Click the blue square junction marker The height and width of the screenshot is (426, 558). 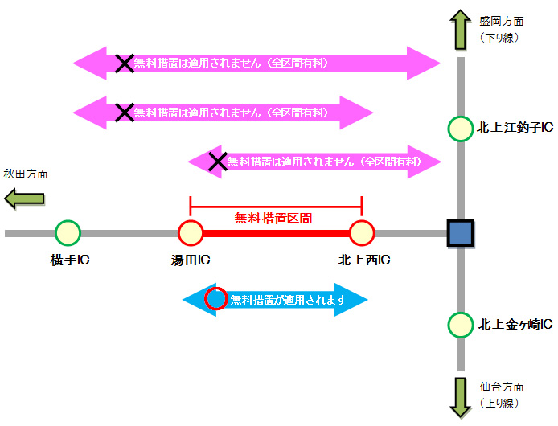pyautogui.click(x=461, y=233)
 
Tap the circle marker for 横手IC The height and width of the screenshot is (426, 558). pyautogui.click(x=68, y=233)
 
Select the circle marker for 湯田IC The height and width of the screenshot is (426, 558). pyautogui.click(x=191, y=233)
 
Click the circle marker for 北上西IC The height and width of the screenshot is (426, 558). pyautogui.click(x=362, y=233)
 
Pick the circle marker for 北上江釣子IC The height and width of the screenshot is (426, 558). pyautogui.click(x=461, y=129)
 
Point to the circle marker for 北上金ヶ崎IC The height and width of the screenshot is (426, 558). pyautogui.click(x=461, y=326)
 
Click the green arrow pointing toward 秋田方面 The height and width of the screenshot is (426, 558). pyautogui.click(x=23, y=199)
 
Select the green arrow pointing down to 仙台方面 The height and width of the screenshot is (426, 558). pyautogui.click(x=461, y=396)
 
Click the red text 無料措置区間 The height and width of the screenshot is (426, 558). pyautogui.click(x=273, y=217)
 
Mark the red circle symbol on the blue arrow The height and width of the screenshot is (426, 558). pyautogui.click(x=215, y=300)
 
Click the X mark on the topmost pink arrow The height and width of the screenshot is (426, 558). pyautogui.click(x=124, y=63)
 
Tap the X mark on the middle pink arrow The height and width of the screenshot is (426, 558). pyautogui.click(x=124, y=113)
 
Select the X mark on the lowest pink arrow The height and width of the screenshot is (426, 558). pyautogui.click(x=217, y=162)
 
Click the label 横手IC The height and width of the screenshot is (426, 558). pyautogui.click(x=69, y=260)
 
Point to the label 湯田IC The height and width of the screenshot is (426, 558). pyautogui.click(x=191, y=260)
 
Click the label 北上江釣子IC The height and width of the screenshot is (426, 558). pyautogui.click(x=515, y=127)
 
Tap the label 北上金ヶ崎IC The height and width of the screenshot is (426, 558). pyautogui.click(x=515, y=325)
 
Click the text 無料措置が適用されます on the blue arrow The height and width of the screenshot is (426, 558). pyautogui.click(x=287, y=300)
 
